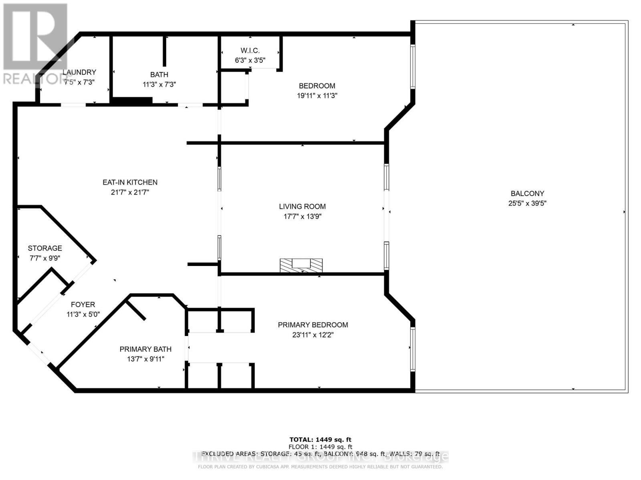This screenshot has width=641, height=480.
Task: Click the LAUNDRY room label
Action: (79, 72)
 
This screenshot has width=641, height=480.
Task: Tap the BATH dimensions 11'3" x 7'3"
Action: (159, 84)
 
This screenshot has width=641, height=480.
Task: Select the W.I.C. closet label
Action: (250, 50)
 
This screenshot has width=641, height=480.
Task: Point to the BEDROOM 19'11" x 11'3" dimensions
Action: (317, 96)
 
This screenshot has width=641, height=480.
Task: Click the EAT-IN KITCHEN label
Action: (130, 182)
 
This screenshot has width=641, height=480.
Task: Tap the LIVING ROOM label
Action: (302, 206)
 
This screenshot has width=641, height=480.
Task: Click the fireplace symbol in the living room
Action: (301, 265)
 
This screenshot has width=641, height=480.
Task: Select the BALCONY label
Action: (527, 193)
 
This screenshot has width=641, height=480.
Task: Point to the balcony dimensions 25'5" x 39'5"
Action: (527, 203)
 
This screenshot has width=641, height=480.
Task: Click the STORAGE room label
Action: (45, 248)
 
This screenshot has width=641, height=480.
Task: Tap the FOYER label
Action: (83, 304)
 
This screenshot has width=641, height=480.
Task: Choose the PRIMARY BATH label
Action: (145, 349)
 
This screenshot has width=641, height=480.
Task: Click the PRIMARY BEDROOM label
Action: (313, 325)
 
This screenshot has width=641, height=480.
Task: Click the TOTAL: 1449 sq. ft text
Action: (320, 440)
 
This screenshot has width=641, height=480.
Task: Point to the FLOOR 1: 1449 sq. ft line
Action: (320, 447)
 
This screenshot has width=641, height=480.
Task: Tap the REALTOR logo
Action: (35, 44)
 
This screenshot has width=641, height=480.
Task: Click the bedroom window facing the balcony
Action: (413, 66)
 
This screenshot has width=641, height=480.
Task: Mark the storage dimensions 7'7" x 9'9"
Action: (45, 258)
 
